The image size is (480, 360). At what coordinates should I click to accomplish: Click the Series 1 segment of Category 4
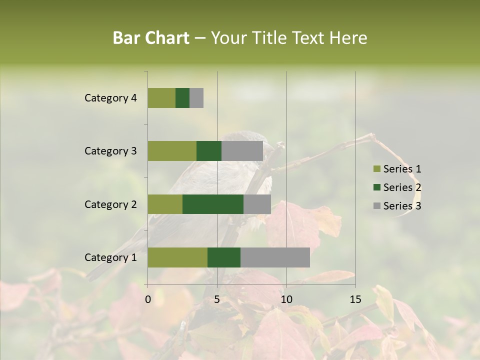161,98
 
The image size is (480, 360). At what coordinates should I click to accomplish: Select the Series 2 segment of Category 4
182,98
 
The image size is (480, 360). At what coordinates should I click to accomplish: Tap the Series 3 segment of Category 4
196,98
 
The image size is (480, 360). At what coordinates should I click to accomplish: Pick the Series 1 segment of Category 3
172,151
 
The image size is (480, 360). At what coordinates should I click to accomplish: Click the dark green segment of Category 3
209,151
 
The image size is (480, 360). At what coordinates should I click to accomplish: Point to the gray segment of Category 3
242,151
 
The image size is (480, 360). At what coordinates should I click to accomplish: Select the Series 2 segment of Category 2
213,204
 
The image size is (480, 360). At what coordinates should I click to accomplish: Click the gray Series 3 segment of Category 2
257,204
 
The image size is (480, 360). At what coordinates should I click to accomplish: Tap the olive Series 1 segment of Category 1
177,257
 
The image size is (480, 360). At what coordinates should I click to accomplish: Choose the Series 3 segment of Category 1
275,257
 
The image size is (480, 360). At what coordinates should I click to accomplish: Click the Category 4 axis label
110,98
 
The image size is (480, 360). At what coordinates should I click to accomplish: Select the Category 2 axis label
110,204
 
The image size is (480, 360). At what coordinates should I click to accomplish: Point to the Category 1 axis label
110,257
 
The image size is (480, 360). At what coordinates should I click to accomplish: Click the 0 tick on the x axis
148,299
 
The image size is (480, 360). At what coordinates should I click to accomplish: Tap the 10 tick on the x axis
286,299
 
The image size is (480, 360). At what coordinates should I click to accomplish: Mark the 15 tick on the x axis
355,299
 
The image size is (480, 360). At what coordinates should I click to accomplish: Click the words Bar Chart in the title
151,38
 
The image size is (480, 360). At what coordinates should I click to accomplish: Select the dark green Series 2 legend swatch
376,187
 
